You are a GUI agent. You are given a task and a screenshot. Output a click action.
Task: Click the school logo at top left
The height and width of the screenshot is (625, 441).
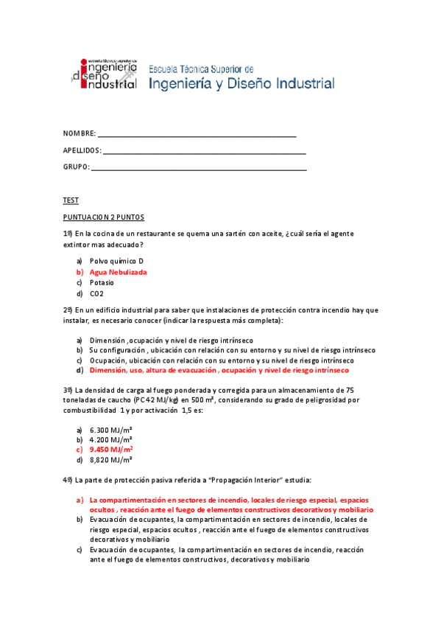104,73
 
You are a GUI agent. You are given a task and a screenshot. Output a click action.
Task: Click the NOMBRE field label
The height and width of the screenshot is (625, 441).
79,133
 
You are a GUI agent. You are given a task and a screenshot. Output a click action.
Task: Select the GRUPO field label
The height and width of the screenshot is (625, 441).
76,167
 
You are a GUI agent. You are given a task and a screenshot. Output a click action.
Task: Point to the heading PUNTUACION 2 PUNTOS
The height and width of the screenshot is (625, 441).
104,217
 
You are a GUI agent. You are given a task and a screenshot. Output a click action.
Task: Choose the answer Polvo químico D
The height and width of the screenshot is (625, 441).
116,261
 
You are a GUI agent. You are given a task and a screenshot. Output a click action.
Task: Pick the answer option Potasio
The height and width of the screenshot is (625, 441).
102,282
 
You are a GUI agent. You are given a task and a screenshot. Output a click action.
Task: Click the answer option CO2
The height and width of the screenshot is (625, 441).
96,293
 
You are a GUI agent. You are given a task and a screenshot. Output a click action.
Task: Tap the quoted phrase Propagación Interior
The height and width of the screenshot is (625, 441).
244,480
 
